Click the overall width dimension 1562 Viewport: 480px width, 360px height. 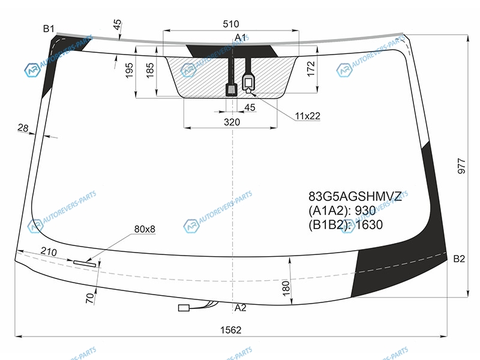(231, 329)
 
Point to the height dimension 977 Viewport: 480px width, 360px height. (461, 166)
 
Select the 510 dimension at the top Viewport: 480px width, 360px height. (231, 24)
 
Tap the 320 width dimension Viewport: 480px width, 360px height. (232, 122)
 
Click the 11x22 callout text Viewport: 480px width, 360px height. (307, 116)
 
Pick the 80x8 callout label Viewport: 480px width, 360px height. (145, 229)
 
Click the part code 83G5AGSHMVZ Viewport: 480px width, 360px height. (355, 196)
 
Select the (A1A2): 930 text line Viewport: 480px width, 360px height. (342, 211)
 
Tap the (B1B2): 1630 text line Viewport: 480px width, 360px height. (346, 224)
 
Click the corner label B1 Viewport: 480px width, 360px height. (49, 29)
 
